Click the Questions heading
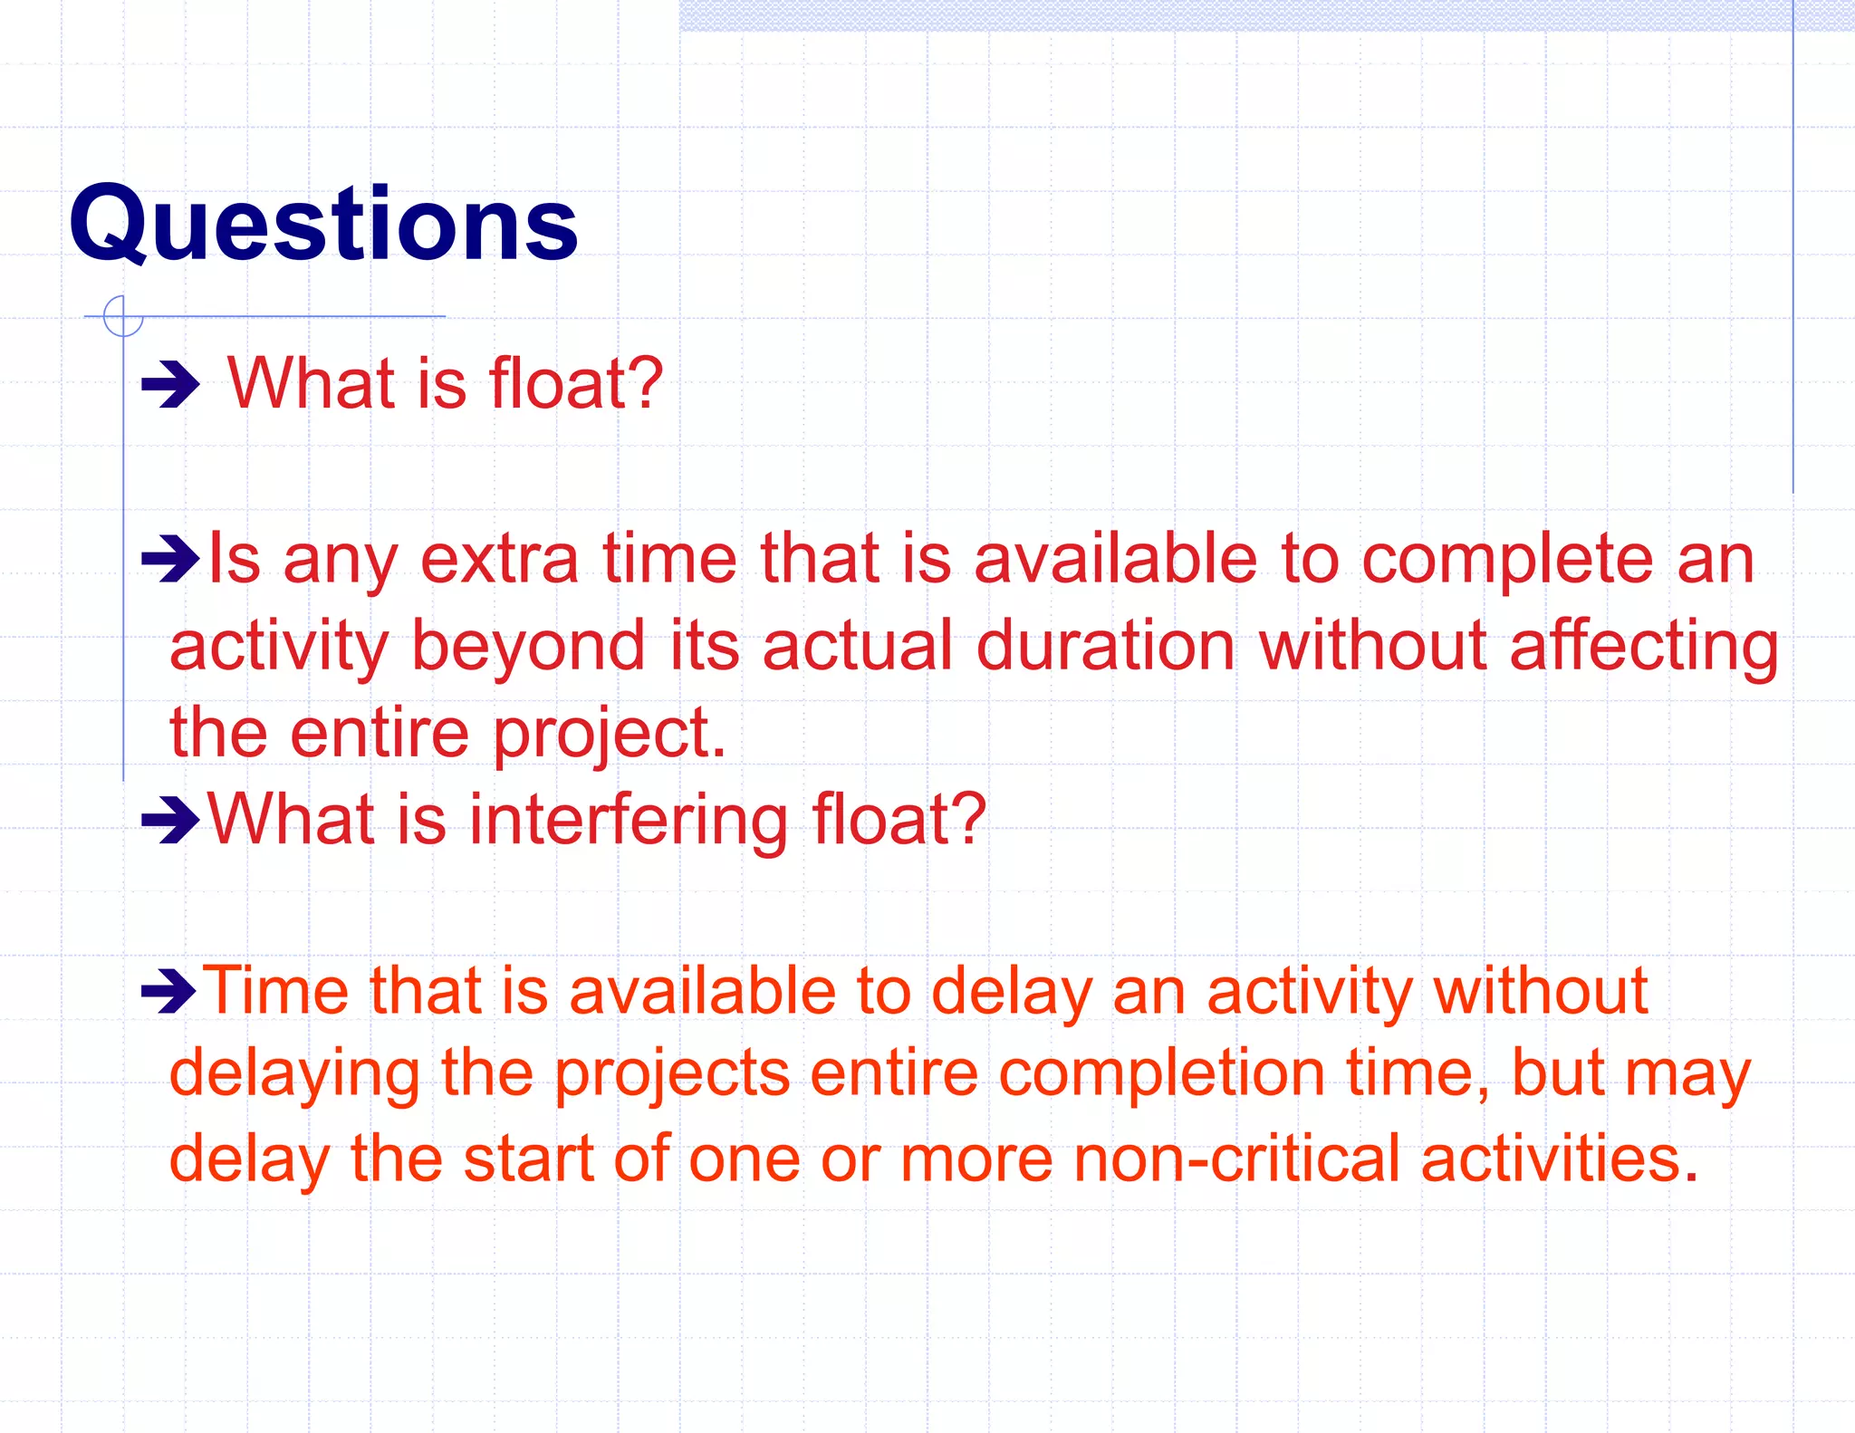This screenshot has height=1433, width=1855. coord(323,224)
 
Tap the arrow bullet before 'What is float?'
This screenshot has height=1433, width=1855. coord(170,385)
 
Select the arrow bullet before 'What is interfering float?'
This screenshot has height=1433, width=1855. coord(170,820)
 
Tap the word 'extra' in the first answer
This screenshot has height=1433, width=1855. coord(499,559)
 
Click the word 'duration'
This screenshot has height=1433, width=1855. coord(1105,646)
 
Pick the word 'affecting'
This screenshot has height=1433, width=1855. coord(1644,648)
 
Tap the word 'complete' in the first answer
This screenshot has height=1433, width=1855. coord(1507,561)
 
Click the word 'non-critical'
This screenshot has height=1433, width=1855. coord(1236,1159)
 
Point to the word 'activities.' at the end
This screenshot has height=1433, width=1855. coord(1559,1159)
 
